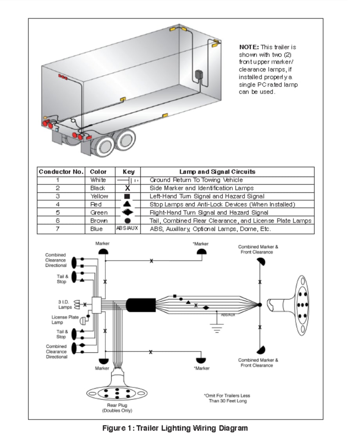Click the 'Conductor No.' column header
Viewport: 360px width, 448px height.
pos(61,172)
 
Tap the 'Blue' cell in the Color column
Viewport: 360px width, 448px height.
pos(96,229)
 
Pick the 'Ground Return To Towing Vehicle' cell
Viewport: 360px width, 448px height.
pos(196,180)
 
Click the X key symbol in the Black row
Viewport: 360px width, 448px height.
pos(127,188)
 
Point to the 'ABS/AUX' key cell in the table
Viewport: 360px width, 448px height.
pos(127,228)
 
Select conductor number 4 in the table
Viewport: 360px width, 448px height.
pos(58,204)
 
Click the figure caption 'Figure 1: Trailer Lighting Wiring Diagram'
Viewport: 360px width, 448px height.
pos(175,428)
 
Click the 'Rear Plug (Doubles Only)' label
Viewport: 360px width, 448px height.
pos(117,408)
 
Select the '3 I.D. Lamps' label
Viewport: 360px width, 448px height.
pos(65,304)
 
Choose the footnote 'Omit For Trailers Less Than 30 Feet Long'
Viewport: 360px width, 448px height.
pos(227,398)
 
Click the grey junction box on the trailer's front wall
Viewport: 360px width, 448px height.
pos(199,75)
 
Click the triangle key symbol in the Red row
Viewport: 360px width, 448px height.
pos(127,204)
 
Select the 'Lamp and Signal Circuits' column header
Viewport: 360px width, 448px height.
pos(217,172)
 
